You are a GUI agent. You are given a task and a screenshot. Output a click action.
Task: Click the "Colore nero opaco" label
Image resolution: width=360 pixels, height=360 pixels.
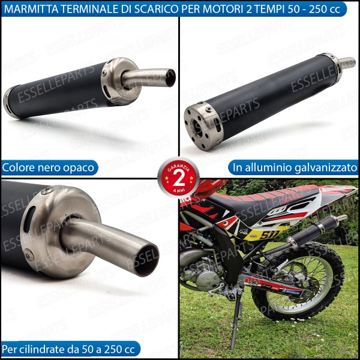click(x=49, y=167)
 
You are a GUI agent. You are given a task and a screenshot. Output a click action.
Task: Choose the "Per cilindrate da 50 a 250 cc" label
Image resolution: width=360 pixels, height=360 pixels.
click(x=70, y=349)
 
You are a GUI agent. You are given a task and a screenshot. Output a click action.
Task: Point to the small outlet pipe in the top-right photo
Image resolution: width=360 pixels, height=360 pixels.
click(x=347, y=62)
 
